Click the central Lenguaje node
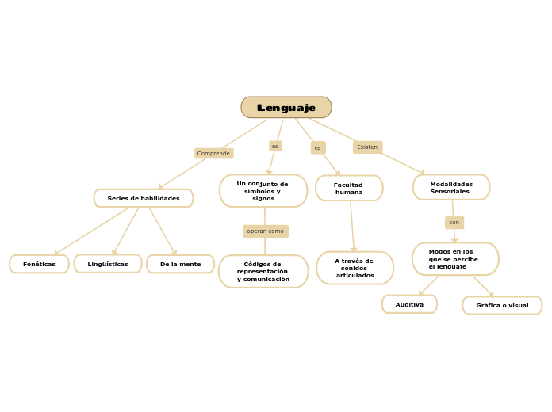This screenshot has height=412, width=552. click(x=286, y=108)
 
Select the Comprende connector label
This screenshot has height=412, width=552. click(x=213, y=153)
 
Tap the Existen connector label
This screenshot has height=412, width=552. click(x=367, y=147)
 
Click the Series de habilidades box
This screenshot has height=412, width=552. click(x=144, y=198)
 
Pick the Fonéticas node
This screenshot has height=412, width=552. click(x=39, y=264)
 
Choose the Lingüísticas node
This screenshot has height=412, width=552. click(x=108, y=264)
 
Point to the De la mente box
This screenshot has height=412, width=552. click(x=180, y=264)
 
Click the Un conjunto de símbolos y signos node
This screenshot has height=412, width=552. click(x=263, y=191)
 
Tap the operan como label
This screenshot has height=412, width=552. click(x=265, y=231)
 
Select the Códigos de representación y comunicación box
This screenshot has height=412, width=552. click(x=263, y=272)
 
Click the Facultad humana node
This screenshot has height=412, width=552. click(x=349, y=189)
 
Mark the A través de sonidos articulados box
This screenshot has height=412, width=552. click(x=355, y=268)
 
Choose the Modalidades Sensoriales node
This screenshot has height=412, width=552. click(x=451, y=188)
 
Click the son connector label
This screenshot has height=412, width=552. click(x=454, y=223)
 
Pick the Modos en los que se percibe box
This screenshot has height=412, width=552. click(x=455, y=259)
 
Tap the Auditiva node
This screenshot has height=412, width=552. click(x=409, y=304)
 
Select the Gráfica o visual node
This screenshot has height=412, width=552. click(x=502, y=305)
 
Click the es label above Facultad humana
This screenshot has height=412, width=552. click(x=318, y=147)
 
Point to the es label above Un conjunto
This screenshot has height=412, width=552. click(x=275, y=147)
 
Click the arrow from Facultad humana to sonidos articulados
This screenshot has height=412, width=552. click(x=352, y=226)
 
